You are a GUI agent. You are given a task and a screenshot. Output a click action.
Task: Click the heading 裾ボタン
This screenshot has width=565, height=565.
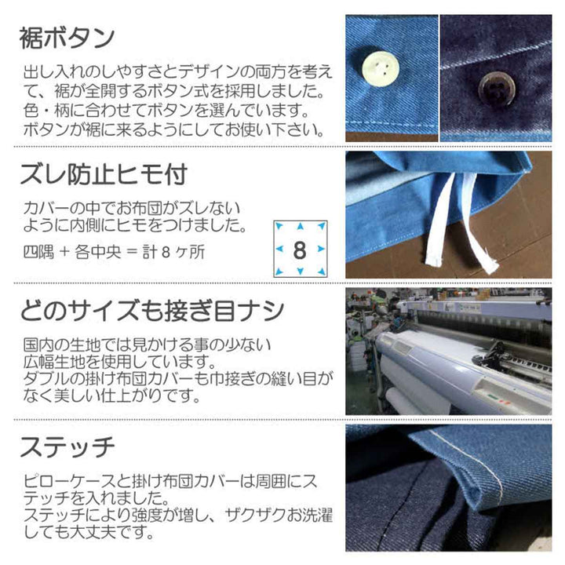(67, 38)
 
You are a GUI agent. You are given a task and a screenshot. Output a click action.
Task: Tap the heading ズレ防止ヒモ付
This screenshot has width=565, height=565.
(104, 174)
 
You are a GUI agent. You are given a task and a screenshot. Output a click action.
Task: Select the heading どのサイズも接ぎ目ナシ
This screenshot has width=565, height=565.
(152, 311)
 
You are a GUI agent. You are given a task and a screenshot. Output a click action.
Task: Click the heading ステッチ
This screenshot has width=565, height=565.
(67, 447)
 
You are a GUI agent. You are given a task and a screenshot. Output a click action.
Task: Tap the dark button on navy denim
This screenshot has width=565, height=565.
(497, 88)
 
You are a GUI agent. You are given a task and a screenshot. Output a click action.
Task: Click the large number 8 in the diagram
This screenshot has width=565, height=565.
(300, 250)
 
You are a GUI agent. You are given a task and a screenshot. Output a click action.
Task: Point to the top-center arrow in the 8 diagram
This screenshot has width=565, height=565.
(300, 227)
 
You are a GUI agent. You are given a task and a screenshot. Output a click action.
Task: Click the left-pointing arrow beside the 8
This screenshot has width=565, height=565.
(279, 249)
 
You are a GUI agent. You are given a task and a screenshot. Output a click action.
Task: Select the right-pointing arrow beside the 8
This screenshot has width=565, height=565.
(321, 249)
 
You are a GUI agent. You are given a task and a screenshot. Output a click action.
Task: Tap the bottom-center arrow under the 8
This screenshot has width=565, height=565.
(300, 271)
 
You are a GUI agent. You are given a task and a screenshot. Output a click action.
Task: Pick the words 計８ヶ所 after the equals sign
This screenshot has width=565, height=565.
(173, 252)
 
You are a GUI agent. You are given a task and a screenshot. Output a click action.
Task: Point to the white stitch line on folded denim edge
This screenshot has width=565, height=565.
(476, 461)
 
